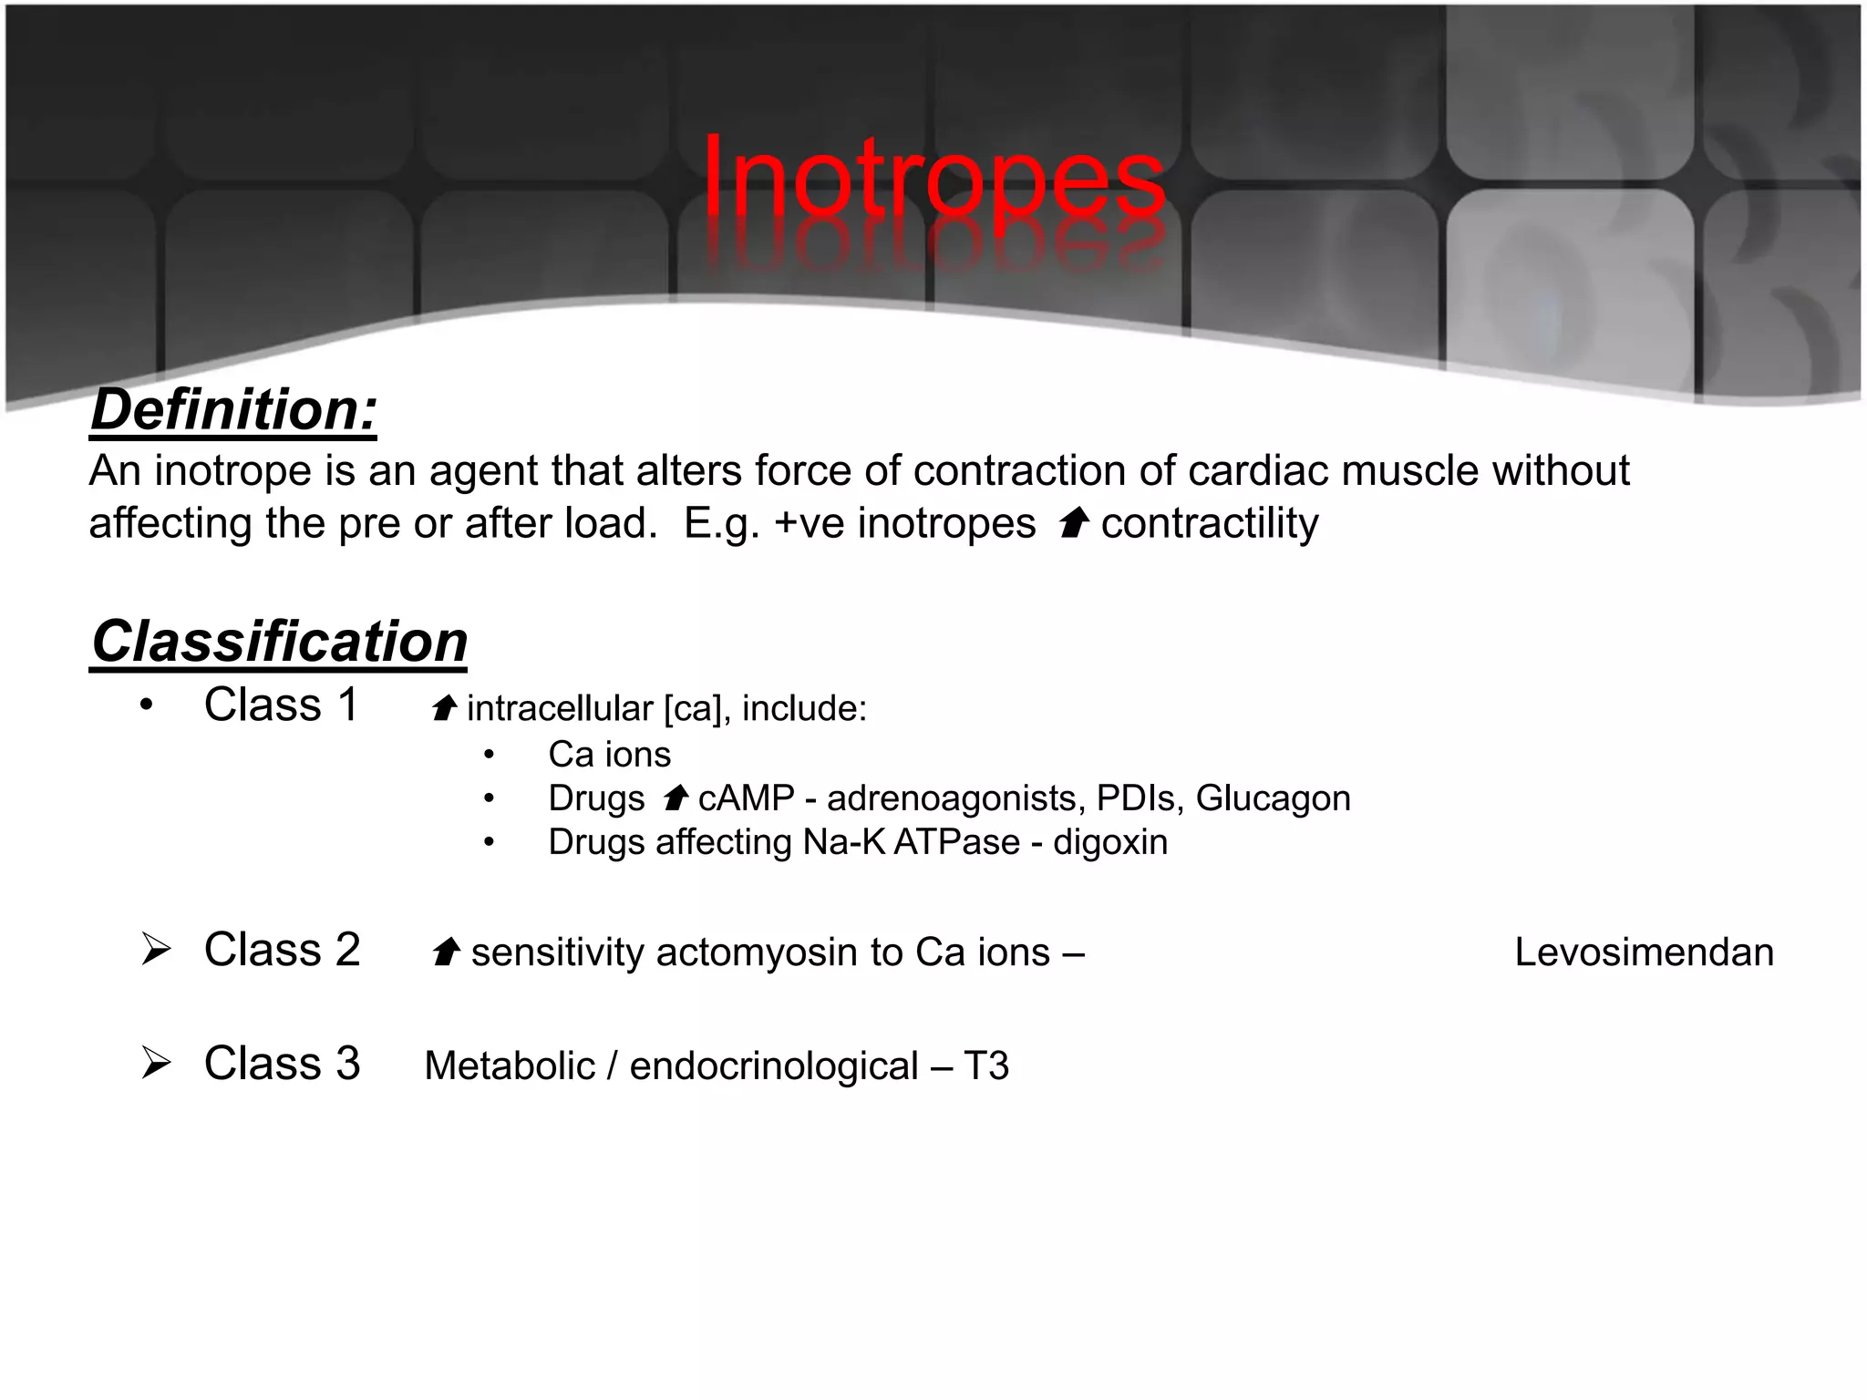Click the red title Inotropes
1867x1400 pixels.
click(x=933, y=178)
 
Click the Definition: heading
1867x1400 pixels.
click(x=233, y=409)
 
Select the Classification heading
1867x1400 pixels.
click(x=279, y=642)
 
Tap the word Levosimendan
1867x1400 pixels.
click(x=1644, y=952)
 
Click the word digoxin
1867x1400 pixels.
click(x=1109, y=842)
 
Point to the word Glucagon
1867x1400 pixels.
click(x=1273, y=798)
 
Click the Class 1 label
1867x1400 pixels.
click(x=281, y=705)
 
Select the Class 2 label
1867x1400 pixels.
click(x=282, y=950)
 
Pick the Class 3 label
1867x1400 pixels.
click(x=282, y=1064)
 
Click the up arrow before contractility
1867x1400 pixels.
click(x=1075, y=523)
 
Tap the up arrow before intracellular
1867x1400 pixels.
click(x=444, y=707)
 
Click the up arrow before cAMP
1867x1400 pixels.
click(x=676, y=798)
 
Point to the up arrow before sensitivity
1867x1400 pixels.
click(x=446, y=952)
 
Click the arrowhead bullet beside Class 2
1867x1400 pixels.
click(x=156, y=950)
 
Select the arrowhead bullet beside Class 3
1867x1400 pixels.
click(x=156, y=1063)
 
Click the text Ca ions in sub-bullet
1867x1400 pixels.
click(x=609, y=755)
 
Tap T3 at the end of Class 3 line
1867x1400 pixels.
click(x=985, y=1066)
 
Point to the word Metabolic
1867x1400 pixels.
click(x=510, y=1066)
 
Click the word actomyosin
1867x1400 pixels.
click(x=757, y=952)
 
